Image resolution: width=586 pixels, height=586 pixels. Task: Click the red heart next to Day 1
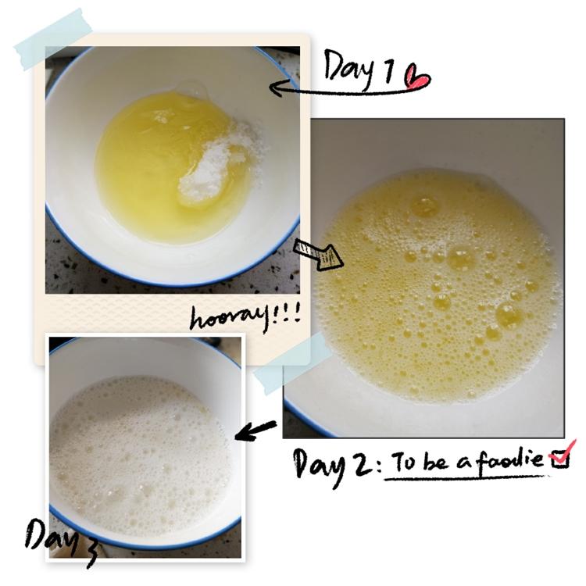click(x=418, y=77)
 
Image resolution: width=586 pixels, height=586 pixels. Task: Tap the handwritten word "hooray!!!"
click(x=245, y=318)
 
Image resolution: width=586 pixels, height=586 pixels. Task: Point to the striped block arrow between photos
click(x=318, y=254)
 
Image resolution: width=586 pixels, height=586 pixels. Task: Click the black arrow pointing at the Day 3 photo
click(x=255, y=431)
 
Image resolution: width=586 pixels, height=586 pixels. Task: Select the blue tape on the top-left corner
click(x=53, y=39)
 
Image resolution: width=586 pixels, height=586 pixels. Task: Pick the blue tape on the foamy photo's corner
click(x=292, y=363)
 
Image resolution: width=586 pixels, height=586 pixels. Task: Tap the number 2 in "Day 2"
click(x=363, y=463)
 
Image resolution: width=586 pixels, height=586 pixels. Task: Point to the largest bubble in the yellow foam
click(x=509, y=316)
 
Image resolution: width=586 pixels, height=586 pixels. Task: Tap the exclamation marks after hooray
click(x=287, y=314)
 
